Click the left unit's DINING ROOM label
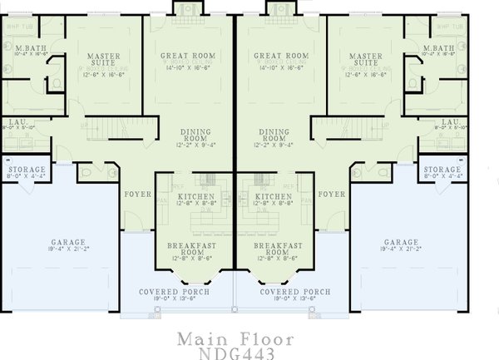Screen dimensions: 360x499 click(x=197, y=135)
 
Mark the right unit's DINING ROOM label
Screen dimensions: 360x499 click(x=274, y=135)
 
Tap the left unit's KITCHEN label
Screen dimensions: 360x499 click(x=195, y=196)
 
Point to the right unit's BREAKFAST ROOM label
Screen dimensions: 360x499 click(x=274, y=250)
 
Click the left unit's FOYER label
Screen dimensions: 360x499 click(x=136, y=195)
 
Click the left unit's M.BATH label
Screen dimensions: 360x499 click(x=31, y=50)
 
